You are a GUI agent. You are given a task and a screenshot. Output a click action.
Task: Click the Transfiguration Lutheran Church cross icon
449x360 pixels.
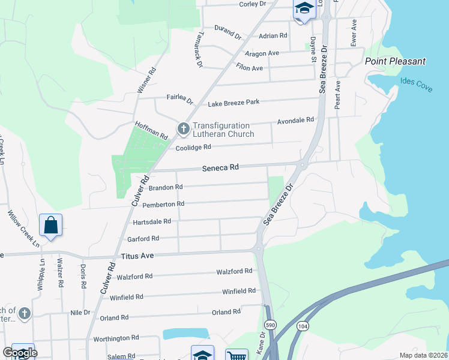coord(183,128)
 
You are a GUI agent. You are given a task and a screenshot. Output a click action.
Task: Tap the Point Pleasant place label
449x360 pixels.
coord(396,61)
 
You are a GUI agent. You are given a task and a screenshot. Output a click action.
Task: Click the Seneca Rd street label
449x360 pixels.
coord(221,167)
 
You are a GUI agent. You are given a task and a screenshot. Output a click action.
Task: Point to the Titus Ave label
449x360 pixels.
coord(137,256)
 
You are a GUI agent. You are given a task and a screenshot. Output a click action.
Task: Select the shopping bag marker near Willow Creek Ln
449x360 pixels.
coord(51,225)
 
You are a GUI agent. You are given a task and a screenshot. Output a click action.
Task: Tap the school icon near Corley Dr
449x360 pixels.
coord(304,9)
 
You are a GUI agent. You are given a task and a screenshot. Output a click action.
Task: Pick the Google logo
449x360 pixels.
coord(20,353)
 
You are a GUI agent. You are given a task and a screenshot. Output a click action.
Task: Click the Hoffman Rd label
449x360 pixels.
coord(151,131)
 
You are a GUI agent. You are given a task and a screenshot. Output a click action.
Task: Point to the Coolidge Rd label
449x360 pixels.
coord(193,148)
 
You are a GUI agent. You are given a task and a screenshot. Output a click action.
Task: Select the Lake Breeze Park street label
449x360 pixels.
coord(234,103)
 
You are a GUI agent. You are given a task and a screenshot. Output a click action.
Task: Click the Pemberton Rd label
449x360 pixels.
coord(163,204)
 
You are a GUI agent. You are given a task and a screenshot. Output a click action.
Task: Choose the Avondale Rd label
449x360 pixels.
coord(295,121)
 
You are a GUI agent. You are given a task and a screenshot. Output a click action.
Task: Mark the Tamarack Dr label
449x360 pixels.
coord(199,50)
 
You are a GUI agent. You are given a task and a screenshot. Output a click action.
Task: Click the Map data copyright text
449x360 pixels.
coord(423,355)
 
